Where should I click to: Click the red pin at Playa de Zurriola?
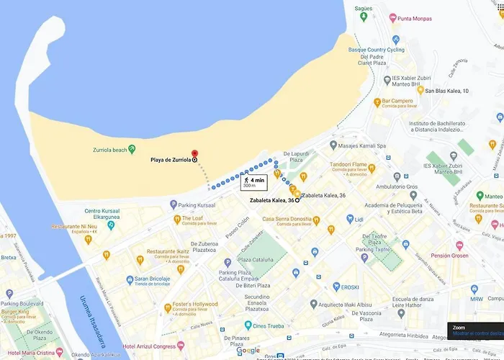(194, 153)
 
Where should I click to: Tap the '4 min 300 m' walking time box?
(254, 182)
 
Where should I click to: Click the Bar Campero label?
(397, 101)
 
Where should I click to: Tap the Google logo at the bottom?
(248, 351)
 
